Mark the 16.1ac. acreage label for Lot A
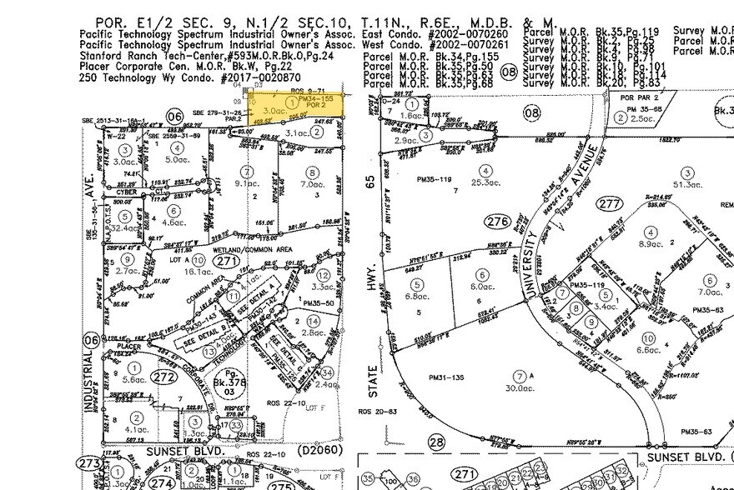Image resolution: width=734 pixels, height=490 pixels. click(x=198, y=271)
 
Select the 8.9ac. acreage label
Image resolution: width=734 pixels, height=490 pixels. click(x=650, y=243)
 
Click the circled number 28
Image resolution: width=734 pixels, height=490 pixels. click(x=437, y=442)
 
